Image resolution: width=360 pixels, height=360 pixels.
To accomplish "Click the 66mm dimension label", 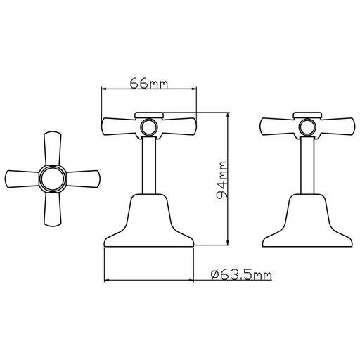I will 148,83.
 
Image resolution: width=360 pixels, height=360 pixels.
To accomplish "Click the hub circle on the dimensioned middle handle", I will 148,127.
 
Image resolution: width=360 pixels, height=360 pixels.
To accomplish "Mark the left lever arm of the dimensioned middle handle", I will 121,127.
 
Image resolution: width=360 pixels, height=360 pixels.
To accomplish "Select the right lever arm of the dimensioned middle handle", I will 176,127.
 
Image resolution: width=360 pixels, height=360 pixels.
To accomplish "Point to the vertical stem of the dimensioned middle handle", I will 148,165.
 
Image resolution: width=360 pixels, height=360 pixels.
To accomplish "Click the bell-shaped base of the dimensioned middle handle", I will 148,221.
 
